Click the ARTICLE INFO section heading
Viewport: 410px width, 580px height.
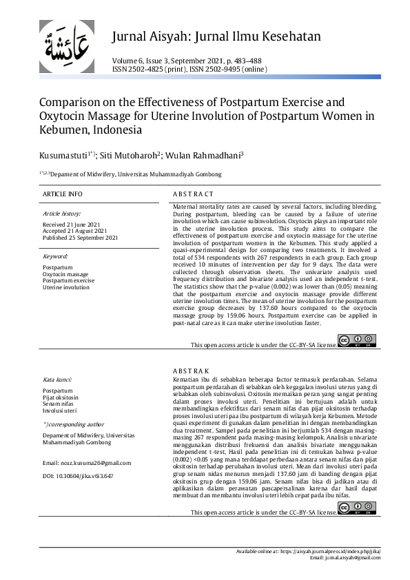pyautogui.click(x=62, y=194)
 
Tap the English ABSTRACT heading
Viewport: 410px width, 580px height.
pyautogui.click(x=193, y=194)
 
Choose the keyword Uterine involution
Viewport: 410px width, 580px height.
pyautogui.click(x=66, y=287)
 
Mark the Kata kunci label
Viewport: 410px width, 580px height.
pyautogui.click(x=58, y=379)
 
